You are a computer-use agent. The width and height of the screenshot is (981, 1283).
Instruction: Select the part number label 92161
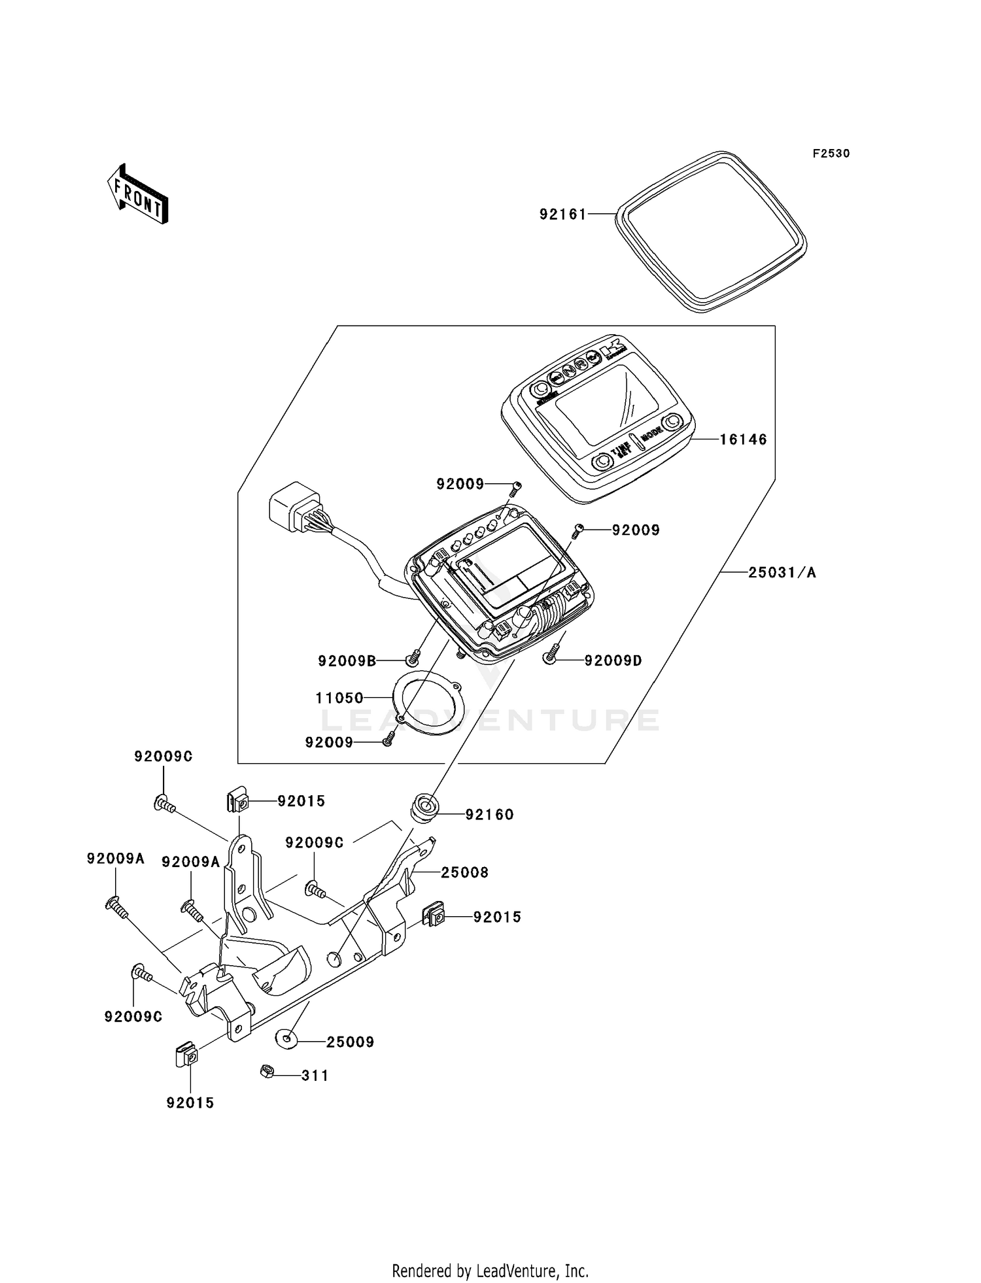point(562,214)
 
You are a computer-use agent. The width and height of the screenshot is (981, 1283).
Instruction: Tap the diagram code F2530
point(831,154)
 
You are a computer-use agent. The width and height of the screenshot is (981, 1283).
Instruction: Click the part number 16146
point(743,439)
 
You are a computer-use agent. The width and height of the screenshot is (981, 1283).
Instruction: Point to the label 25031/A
point(782,573)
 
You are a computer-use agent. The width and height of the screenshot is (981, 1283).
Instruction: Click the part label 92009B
point(347,661)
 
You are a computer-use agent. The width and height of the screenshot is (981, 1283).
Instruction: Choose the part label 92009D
point(613,661)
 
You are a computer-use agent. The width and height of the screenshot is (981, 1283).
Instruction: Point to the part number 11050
point(339,698)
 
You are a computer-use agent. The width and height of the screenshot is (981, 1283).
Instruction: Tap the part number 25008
point(464,872)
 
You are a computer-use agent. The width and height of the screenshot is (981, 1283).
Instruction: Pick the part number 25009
point(350,1042)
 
